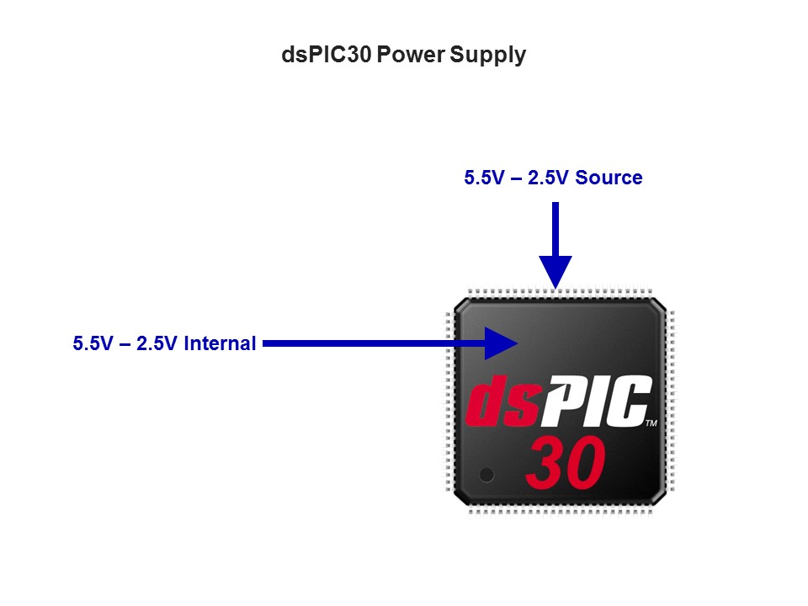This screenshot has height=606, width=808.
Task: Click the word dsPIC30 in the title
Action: [327, 54]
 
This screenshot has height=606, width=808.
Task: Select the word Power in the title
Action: [411, 54]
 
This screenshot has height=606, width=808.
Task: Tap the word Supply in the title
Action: [487, 56]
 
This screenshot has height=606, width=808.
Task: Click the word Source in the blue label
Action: [609, 178]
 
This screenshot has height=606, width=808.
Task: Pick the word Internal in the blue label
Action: [220, 343]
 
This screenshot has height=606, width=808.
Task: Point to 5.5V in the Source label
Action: [485, 178]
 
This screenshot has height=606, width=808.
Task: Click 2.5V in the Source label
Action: [548, 178]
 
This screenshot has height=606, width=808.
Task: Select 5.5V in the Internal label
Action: [93, 343]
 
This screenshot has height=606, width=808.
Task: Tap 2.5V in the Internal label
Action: [157, 343]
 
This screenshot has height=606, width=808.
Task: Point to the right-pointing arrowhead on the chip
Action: [501, 343]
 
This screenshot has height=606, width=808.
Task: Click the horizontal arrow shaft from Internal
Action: [374, 343]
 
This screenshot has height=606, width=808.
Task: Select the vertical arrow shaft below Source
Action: [555, 229]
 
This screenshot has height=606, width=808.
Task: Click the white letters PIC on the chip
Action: [595, 401]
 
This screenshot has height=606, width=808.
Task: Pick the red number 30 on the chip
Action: [566, 463]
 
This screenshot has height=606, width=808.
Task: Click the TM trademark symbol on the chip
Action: [651, 423]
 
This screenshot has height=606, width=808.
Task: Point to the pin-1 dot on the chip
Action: [486, 475]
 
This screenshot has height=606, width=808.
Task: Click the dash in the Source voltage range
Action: [516, 178]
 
